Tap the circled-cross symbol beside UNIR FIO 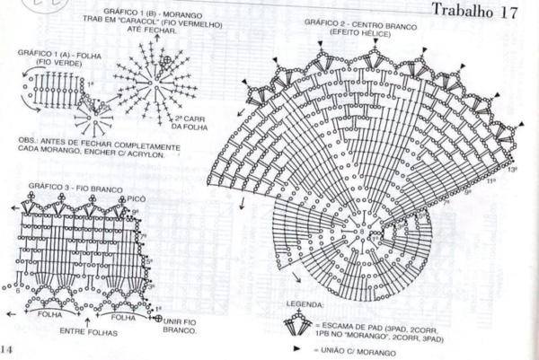coord(158,319)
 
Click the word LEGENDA coord(303,305)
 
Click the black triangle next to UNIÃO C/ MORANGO coord(295,346)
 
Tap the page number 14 coord(7,349)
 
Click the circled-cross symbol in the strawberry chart coord(166,60)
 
